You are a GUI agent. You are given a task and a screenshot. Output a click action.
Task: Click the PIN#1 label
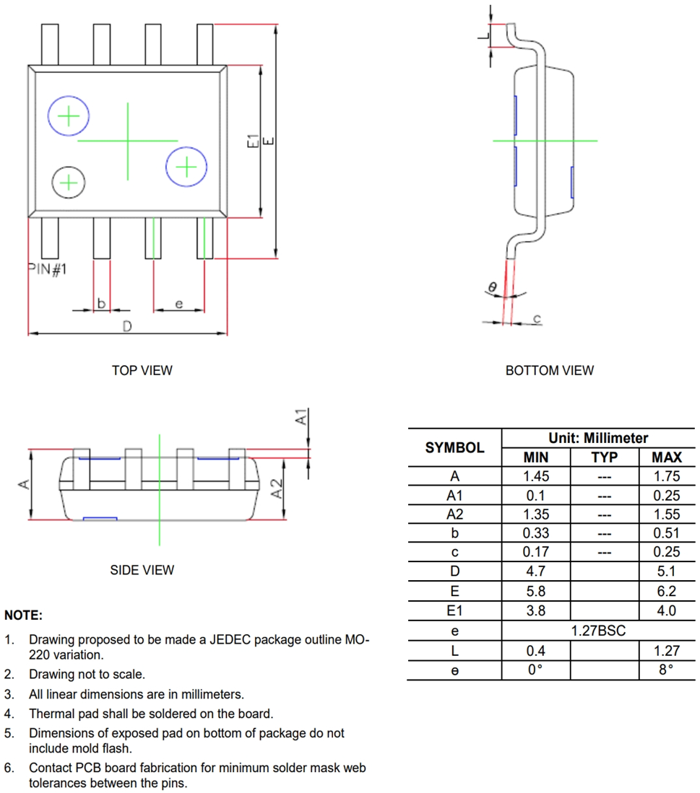(x=47, y=269)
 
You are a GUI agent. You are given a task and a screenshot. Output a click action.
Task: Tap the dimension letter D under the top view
(x=127, y=326)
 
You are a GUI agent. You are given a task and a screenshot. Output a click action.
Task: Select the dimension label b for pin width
(x=102, y=304)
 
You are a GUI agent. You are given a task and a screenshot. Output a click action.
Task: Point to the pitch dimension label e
(x=178, y=305)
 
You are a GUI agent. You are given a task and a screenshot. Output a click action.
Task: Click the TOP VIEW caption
(x=142, y=370)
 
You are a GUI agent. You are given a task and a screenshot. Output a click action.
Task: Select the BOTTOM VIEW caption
(x=549, y=370)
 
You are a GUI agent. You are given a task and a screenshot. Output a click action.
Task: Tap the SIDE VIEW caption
(x=142, y=570)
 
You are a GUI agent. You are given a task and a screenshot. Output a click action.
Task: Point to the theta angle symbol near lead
(x=492, y=287)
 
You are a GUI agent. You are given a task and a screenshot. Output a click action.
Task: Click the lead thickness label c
(x=537, y=318)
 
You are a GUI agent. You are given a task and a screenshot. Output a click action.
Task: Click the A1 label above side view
(x=302, y=416)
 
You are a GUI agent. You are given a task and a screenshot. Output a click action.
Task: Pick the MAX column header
(x=666, y=457)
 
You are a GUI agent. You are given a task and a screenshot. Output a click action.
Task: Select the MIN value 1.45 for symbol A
(x=535, y=476)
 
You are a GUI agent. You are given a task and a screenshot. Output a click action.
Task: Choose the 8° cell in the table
(x=666, y=670)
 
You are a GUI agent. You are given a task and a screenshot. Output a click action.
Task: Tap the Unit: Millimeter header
(x=598, y=438)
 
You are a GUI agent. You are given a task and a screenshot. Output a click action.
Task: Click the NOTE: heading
(x=23, y=615)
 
